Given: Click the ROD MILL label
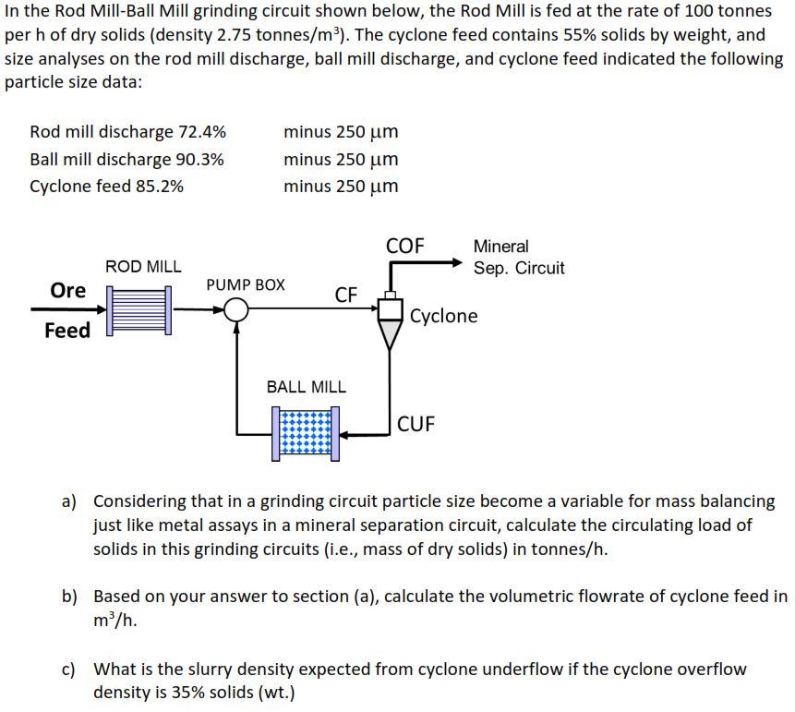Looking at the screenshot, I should [143, 266].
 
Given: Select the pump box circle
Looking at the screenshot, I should [237, 309].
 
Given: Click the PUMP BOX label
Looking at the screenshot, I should [245, 284].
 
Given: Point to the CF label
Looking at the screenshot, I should [346, 295].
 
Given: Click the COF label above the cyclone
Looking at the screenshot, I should [404, 246].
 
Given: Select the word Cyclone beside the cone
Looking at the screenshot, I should [444, 316].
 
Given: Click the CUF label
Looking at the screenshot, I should [416, 424].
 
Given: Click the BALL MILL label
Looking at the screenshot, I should [306, 387].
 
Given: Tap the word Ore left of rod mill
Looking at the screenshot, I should [67, 290].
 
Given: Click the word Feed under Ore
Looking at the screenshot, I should [67, 330].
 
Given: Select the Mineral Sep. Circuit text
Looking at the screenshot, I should [518, 257].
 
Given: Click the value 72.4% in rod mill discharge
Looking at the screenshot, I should [201, 131].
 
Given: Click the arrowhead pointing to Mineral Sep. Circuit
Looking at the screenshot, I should [455, 262].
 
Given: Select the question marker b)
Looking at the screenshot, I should [70, 597].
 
